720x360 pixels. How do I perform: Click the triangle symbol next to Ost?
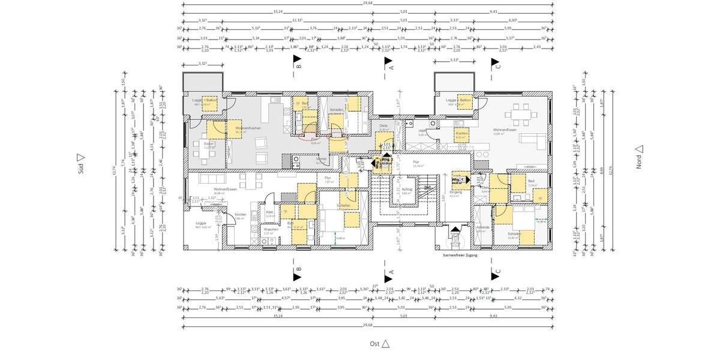[386, 344]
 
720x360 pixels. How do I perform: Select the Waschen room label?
[271, 230]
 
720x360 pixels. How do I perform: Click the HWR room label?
[421, 131]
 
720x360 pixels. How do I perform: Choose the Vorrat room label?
[322, 160]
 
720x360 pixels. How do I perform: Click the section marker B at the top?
[297, 63]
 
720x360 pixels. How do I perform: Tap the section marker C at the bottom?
[496, 274]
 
